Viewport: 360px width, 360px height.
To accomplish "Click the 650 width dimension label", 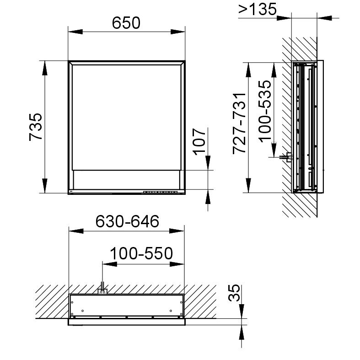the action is pyautogui.click(x=126, y=23).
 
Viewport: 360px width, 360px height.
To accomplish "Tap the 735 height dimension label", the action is pyautogui.click(x=36, y=127).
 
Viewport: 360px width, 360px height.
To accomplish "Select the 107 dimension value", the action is pyautogui.click(x=199, y=141).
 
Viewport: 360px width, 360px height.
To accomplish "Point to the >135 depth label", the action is pyautogui.click(x=258, y=10).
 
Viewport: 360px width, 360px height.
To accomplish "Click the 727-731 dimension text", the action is pyautogui.click(x=239, y=124).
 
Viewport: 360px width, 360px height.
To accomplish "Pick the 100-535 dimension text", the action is pyautogui.click(x=264, y=111).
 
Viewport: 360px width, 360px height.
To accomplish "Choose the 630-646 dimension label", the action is pyautogui.click(x=127, y=221).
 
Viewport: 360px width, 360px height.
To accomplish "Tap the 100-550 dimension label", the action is pyautogui.click(x=141, y=253).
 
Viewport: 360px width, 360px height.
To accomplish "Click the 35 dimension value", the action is pyautogui.click(x=234, y=293).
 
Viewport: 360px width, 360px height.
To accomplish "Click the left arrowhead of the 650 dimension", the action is pyautogui.click(x=75, y=32).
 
